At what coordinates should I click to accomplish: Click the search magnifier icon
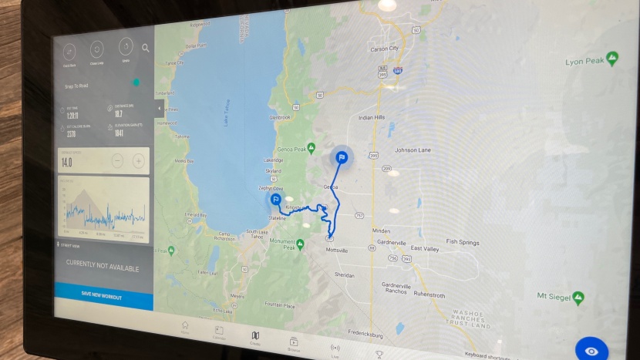146,48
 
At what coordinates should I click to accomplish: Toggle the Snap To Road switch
136,82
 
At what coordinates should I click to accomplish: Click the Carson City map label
383,49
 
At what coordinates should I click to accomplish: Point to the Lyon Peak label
584,62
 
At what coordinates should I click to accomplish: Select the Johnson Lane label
416,150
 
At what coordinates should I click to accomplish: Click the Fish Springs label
462,242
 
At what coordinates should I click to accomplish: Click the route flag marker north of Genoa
342,157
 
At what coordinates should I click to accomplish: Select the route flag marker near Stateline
275,200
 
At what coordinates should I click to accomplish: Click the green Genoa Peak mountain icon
312,146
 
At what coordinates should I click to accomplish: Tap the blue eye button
591,351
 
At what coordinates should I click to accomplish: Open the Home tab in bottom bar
185,327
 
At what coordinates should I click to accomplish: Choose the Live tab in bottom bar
335,348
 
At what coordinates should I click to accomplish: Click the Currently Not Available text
103,268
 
